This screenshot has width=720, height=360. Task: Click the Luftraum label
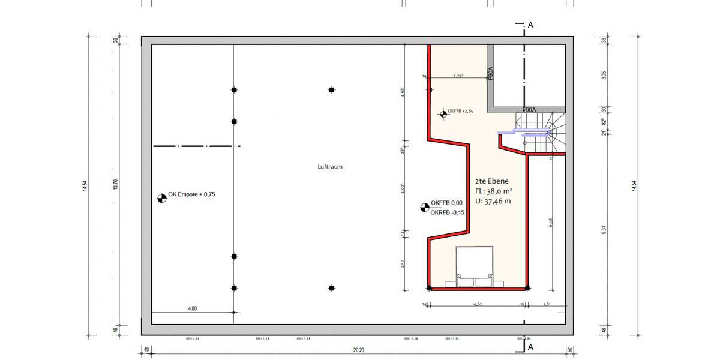[329, 167]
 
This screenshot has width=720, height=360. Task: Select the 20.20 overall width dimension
[359, 350]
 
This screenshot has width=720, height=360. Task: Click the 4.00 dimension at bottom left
[192, 308]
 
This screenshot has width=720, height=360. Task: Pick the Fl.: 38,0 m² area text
[493, 190]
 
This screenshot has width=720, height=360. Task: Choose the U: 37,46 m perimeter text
[493, 201]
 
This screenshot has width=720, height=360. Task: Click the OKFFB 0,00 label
[446, 203]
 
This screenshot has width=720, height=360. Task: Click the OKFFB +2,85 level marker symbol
[443, 112]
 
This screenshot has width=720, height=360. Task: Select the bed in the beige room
[475, 267]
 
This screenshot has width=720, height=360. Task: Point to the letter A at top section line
[531, 25]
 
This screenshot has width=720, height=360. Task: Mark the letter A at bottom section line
[531, 347]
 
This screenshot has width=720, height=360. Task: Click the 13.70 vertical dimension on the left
[115, 185]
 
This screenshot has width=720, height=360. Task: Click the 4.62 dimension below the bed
[478, 305]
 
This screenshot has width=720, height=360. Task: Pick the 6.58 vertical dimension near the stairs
[551, 222]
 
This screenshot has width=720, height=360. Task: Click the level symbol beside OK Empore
[161, 197]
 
